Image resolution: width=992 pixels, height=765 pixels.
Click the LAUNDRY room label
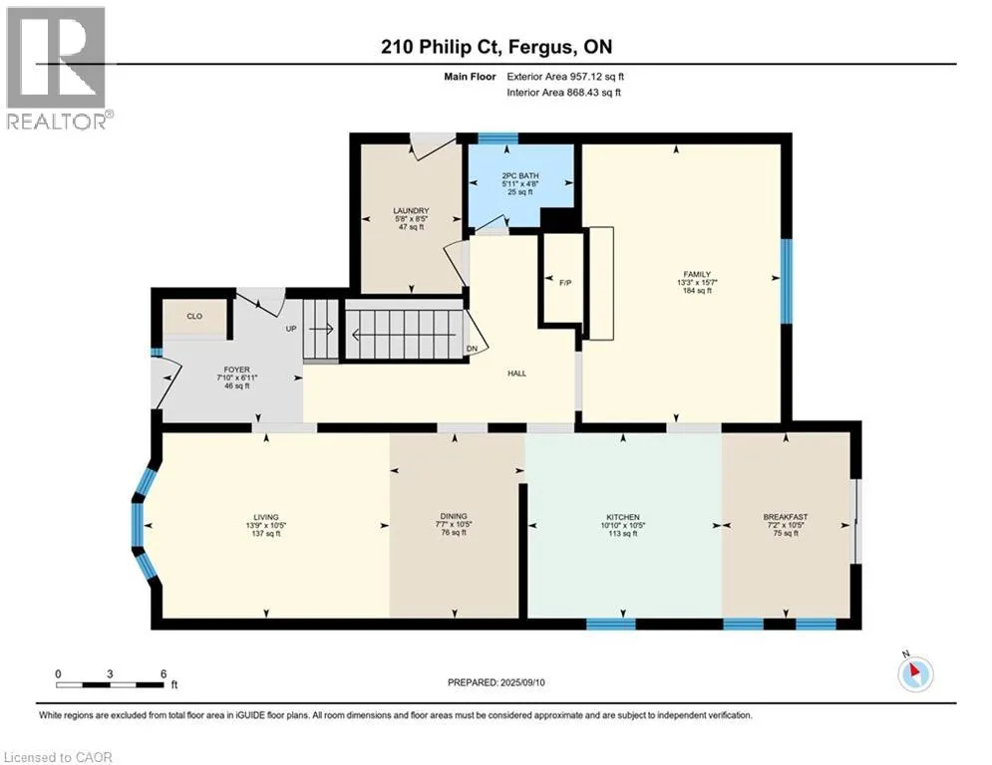(411, 210)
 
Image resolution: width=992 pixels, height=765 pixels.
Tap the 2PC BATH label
(520, 175)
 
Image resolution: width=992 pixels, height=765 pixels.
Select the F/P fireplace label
(565, 283)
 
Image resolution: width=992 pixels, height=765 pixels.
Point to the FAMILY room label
(697, 274)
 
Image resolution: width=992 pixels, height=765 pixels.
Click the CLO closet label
(194, 316)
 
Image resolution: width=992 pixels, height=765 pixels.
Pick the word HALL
(516, 374)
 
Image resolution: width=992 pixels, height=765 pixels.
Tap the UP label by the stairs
(291, 329)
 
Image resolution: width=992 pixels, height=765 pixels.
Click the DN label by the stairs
(472, 349)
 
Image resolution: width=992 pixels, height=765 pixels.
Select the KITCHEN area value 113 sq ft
(623, 534)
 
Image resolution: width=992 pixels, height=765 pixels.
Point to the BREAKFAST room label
(785, 517)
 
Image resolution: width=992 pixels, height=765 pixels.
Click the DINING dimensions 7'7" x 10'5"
(454, 525)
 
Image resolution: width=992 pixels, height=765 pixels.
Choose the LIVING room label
(266, 517)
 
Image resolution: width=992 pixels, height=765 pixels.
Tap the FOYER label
(236, 370)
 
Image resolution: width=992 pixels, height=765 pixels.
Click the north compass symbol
(915, 674)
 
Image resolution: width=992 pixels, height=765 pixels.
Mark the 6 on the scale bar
(164, 674)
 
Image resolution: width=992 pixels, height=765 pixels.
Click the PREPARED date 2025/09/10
(522, 682)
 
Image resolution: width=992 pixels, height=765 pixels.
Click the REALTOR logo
(57, 69)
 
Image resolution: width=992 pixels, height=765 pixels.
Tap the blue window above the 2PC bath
(497, 138)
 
